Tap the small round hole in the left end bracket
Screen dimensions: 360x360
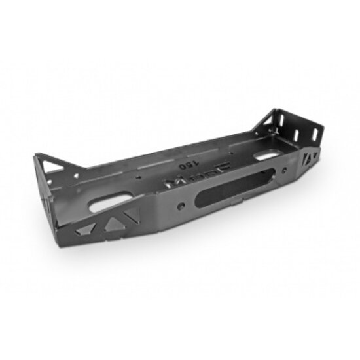76,175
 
